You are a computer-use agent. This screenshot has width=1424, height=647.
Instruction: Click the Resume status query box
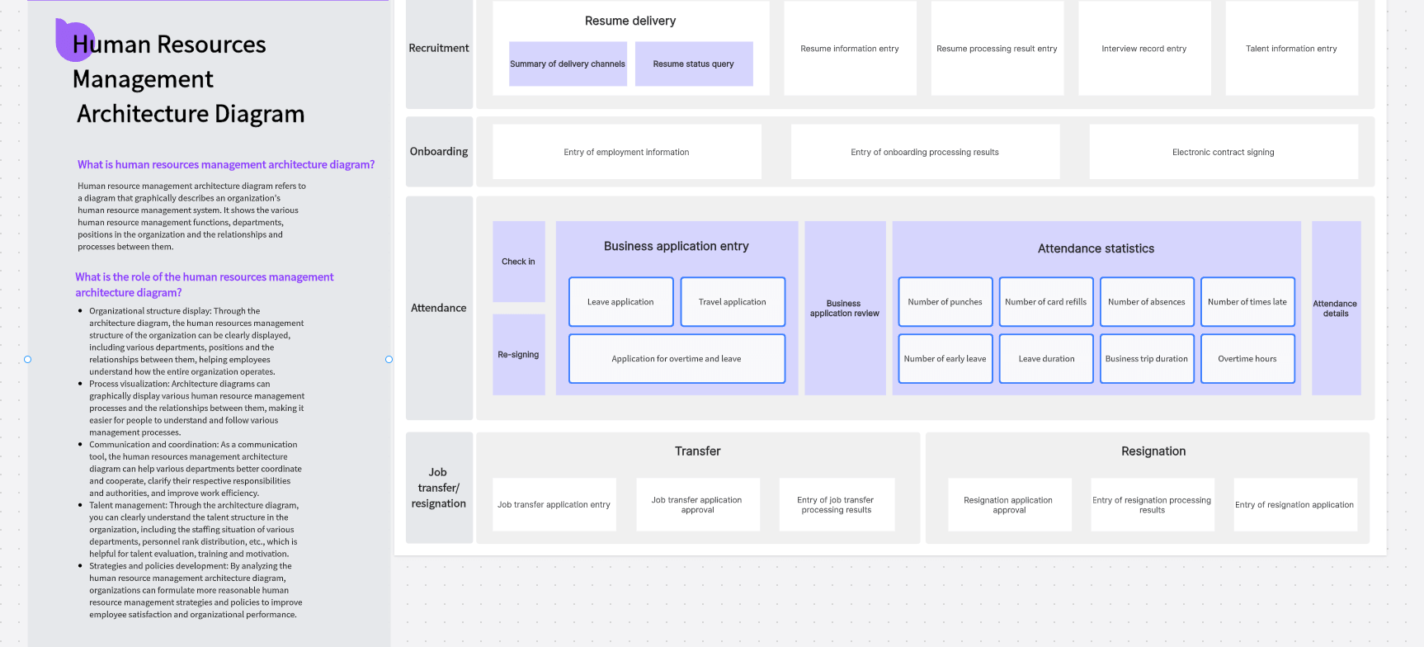point(693,64)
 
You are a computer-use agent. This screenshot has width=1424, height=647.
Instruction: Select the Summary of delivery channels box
point(568,64)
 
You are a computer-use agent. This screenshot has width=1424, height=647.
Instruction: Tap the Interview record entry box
point(1143,49)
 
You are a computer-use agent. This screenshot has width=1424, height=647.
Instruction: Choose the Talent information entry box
point(1291,49)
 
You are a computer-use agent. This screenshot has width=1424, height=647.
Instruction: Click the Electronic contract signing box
point(1223,152)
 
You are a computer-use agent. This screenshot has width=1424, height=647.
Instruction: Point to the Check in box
point(518,262)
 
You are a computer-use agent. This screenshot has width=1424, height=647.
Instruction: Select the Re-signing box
point(518,355)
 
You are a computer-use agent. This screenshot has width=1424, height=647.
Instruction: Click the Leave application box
point(620,302)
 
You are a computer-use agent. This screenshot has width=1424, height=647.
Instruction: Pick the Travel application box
point(732,302)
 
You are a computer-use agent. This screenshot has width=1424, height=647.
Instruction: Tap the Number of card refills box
point(1045,302)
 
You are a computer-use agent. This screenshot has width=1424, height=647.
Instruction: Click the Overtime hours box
point(1247,359)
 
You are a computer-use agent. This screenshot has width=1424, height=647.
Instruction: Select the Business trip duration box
point(1146,359)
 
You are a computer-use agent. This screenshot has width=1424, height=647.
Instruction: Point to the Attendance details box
point(1335,309)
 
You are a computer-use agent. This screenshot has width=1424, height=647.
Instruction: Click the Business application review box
point(844,309)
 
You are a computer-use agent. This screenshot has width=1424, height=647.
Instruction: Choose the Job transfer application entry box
point(554,504)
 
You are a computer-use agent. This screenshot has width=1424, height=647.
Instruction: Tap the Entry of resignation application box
point(1294,504)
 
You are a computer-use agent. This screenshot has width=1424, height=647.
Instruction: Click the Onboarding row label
point(439,152)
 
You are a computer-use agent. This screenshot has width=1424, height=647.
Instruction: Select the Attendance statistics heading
point(1096,248)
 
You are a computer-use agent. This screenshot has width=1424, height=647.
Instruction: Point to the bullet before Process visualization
point(80,384)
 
